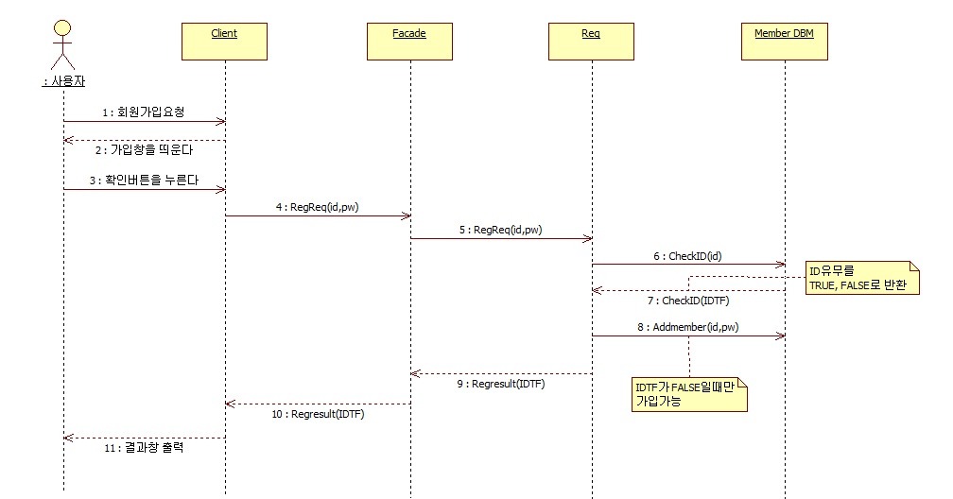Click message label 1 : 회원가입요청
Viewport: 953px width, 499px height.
(x=144, y=112)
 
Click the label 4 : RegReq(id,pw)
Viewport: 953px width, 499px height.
(x=318, y=207)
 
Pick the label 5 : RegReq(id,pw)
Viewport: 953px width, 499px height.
(x=501, y=231)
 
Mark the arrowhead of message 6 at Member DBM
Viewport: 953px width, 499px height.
(x=781, y=265)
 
